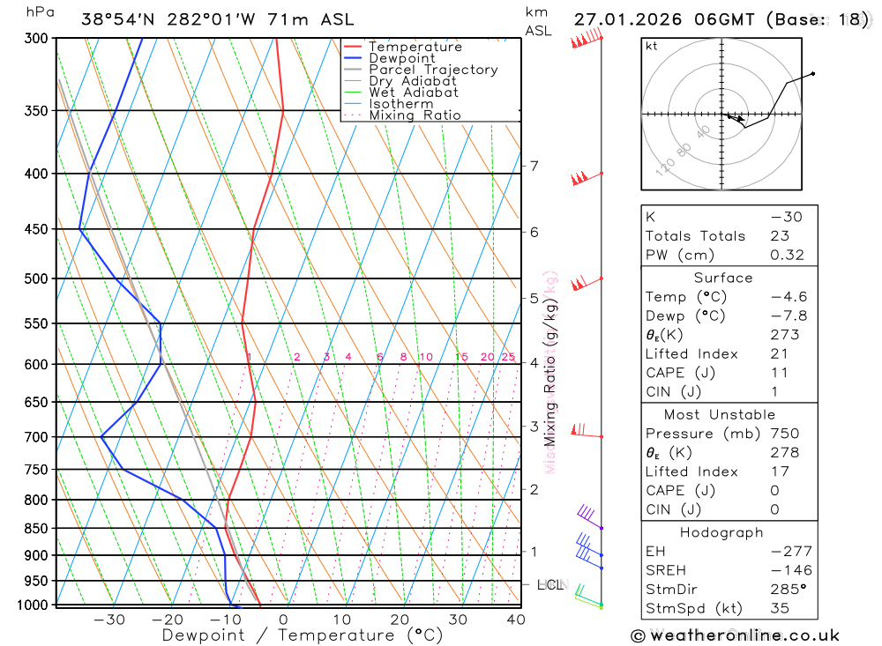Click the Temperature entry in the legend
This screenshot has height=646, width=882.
415,47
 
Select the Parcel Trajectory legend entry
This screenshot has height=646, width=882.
433,70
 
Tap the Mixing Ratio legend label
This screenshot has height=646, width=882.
415,115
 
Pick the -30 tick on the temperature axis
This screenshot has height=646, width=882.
109,620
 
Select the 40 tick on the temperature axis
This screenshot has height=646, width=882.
516,620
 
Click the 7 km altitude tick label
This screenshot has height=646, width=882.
534,166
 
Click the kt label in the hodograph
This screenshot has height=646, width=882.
652,46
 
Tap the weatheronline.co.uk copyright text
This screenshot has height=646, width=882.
735,635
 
